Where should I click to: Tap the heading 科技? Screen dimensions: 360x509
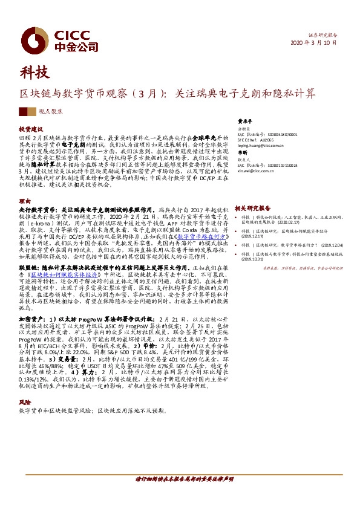(33, 73)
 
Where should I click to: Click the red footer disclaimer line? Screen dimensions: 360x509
(184, 478)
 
